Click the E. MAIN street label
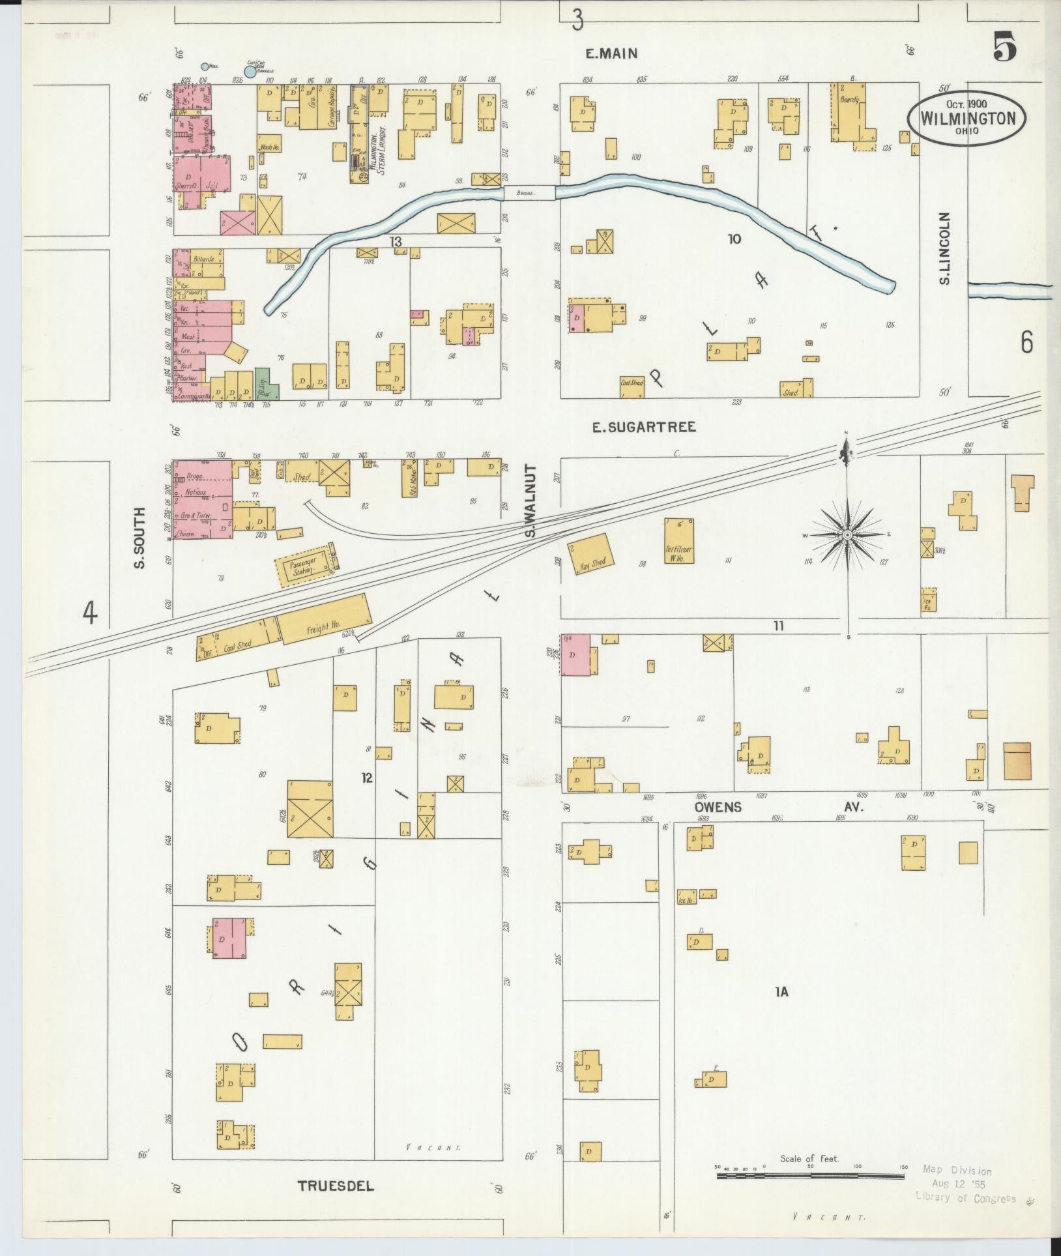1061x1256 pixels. click(x=611, y=54)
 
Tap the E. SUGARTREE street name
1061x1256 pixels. click(x=643, y=427)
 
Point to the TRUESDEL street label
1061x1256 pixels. click(x=336, y=1186)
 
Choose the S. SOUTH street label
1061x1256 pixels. click(x=139, y=538)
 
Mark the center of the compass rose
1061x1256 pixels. click(x=847, y=534)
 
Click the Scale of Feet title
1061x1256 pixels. click(x=810, y=1159)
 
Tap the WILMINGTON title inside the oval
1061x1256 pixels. click(x=967, y=119)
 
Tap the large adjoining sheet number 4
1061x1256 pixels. click(x=90, y=612)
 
